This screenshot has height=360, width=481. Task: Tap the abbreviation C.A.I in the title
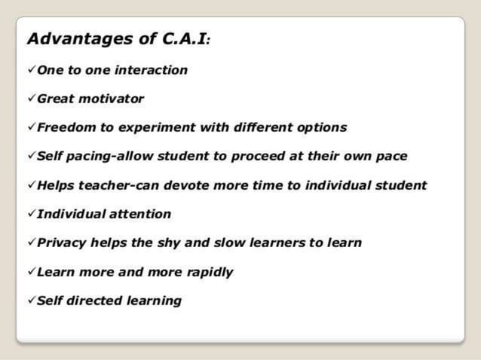tap(180, 38)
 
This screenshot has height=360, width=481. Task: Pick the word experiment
tap(145, 127)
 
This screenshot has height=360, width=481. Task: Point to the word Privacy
tap(62, 243)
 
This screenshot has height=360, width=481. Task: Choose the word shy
tap(181, 243)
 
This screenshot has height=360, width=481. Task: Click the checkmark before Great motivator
tap(31, 99)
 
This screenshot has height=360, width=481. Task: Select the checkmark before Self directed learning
tap(31, 301)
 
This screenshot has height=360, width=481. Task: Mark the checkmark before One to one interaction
tap(31, 70)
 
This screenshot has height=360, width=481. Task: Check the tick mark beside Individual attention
tap(31, 214)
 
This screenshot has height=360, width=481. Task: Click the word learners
tap(285, 243)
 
